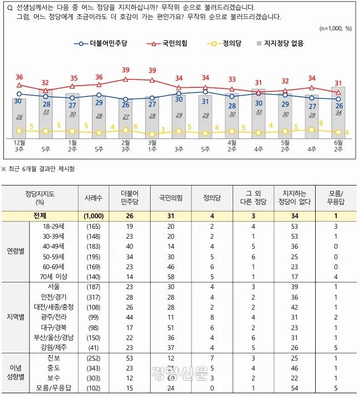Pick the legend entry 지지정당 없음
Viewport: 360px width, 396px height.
pos(285,43)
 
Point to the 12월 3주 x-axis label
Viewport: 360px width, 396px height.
pos(19,146)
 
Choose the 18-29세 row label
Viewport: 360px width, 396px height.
pos(55,227)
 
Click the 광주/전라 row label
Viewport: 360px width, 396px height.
pos(55,317)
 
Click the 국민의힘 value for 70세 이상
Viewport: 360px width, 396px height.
pos(171,275)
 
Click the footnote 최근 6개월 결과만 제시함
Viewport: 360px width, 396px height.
pos(42,168)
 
